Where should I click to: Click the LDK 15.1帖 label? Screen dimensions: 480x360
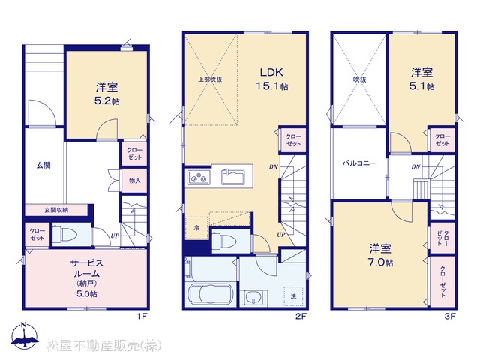[x=271, y=79]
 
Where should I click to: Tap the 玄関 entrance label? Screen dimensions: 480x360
[x=43, y=166]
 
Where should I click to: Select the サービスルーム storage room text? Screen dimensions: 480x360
[x=87, y=268]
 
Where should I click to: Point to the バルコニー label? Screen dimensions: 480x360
[x=359, y=163]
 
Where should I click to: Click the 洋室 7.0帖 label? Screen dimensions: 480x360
[x=380, y=255]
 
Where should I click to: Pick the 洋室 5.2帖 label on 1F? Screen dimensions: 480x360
[x=106, y=94]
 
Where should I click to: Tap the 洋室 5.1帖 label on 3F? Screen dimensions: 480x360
[x=421, y=79]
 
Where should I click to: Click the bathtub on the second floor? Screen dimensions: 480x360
[x=210, y=294]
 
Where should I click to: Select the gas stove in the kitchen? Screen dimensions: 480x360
[x=199, y=177]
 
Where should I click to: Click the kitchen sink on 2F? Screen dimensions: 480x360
[x=233, y=177]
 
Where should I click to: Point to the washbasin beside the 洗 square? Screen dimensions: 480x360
[x=253, y=298]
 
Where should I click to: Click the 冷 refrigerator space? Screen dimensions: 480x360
[x=196, y=228]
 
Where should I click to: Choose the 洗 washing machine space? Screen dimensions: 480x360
[x=293, y=296]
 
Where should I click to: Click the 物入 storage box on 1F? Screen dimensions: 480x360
[x=135, y=181]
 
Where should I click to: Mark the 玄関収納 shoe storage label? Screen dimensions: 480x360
[x=56, y=210]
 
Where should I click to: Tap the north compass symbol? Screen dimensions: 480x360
[x=25, y=334]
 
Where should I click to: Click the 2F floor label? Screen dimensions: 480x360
[x=301, y=316]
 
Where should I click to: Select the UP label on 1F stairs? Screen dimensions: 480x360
[x=115, y=235]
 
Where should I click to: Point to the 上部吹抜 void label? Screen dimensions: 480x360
[x=210, y=79]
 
